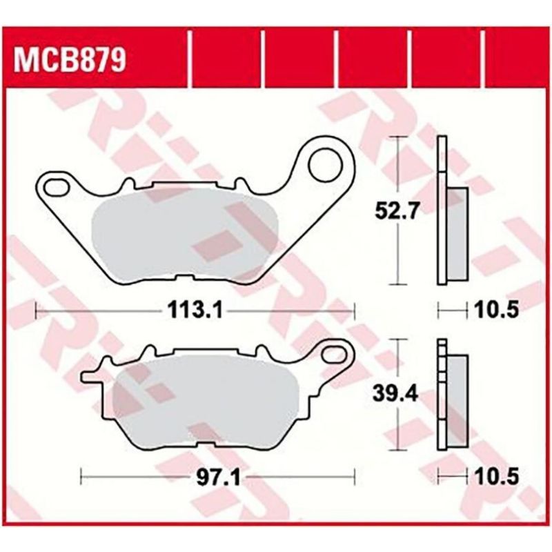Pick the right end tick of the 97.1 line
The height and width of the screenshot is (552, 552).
click(355, 476)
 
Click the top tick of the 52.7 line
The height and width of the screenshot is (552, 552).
click(396, 137)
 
